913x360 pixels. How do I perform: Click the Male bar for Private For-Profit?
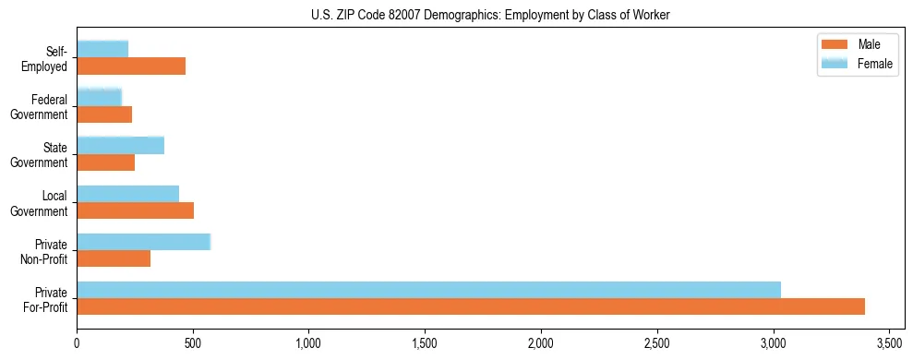471,306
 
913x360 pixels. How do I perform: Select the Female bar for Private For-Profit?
428,290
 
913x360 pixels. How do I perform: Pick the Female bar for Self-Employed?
102,49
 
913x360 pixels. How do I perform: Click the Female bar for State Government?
120,145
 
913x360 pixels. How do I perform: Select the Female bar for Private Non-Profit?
143,242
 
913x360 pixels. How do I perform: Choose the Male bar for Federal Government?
104,114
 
